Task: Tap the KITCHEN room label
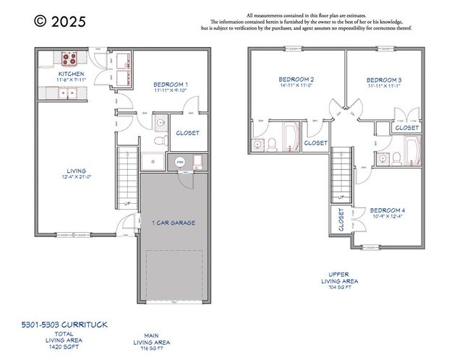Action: [71, 74]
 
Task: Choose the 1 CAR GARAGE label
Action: [173, 223]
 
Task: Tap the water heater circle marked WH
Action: [180, 162]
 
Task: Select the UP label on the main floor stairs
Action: [128, 203]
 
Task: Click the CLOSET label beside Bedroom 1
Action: [187, 133]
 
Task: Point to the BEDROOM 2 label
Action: [296, 79]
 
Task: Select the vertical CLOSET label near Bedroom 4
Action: [341, 221]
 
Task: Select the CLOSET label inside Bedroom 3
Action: [407, 128]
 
